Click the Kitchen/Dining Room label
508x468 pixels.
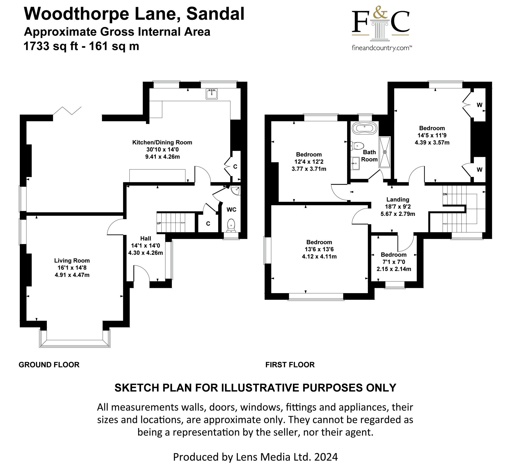162,142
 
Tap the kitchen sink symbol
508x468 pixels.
212,94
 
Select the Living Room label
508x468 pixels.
72,261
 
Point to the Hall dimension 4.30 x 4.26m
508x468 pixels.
146,253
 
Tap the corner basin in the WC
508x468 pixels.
235,190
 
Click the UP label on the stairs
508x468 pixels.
159,223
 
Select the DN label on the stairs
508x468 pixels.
445,194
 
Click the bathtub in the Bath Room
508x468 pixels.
364,129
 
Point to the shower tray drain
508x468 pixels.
385,152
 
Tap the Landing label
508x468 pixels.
398,199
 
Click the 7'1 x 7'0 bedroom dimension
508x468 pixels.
394,262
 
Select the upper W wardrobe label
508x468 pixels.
479,105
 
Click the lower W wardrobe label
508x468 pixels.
479,170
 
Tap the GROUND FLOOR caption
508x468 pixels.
49,365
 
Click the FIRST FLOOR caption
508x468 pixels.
290,365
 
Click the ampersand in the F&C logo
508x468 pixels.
380,12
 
